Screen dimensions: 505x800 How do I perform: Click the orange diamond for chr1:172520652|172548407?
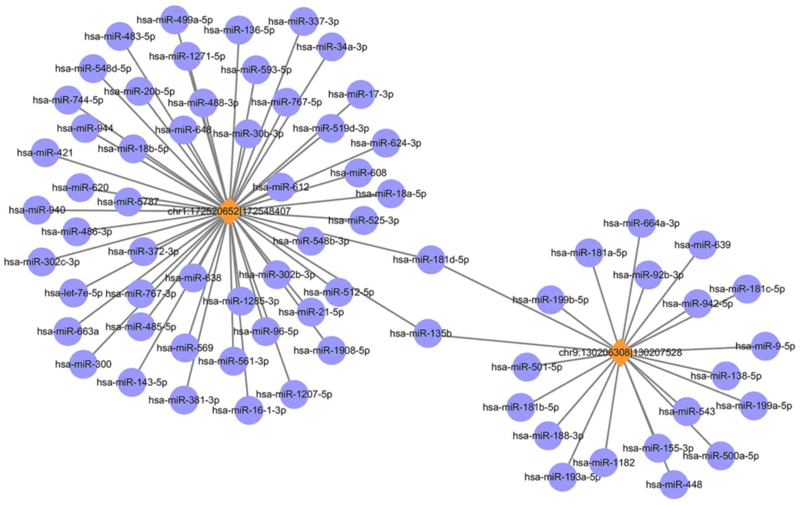point(229,211)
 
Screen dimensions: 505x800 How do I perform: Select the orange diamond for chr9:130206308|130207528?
point(620,352)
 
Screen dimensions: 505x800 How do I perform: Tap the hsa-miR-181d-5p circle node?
point(431,260)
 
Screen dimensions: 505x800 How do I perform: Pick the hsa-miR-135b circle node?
point(428,333)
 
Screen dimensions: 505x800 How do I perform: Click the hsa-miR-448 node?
point(674,485)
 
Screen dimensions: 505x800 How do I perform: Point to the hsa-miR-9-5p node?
point(765,346)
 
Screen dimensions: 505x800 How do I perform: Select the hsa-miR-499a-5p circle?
point(174,20)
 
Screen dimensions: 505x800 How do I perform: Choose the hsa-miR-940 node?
point(37,210)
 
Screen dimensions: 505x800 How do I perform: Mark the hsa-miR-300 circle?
point(83,364)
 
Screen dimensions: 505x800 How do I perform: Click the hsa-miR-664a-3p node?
point(641,223)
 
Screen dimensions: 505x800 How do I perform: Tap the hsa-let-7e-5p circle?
point(73,293)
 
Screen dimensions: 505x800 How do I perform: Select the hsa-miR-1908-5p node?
point(331,350)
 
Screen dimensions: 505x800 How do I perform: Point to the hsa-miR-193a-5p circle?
point(562,477)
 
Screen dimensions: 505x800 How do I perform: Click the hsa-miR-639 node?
point(702,245)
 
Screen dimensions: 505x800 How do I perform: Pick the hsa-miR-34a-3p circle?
point(331,47)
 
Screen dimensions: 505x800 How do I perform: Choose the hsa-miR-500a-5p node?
point(720,456)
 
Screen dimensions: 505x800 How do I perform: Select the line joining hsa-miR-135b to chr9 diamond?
point(524,343)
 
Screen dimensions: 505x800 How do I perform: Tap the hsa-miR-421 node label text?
point(45,153)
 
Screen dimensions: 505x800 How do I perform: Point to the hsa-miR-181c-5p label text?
point(747,289)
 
